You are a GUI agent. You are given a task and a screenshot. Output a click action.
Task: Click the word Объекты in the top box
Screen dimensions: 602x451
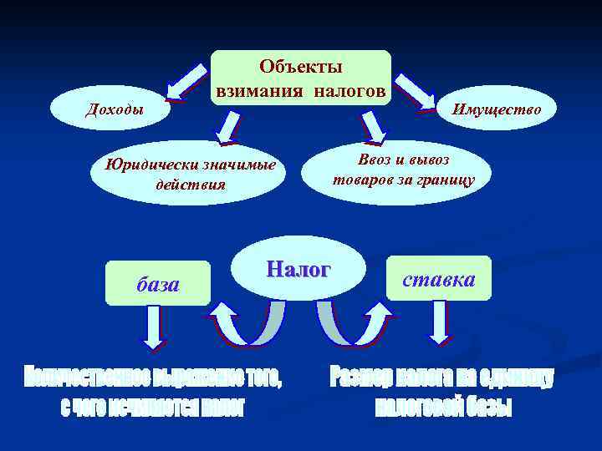click(x=301, y=65)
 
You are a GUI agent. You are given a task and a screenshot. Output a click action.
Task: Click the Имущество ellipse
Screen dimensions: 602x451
click(x=497, y=109)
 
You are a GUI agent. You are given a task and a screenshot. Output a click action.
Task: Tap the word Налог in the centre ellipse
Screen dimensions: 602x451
click(x=298, y=269)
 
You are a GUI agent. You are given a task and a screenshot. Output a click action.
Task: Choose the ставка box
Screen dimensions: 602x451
click(x=438, y=279)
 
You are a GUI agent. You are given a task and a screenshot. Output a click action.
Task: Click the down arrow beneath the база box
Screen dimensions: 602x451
click(x=152, y=327)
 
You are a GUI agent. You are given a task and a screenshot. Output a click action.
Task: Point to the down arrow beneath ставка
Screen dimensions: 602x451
click(x=439, y=323)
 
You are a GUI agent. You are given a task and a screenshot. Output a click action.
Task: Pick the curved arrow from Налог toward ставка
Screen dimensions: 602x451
click(x=351, y=326)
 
